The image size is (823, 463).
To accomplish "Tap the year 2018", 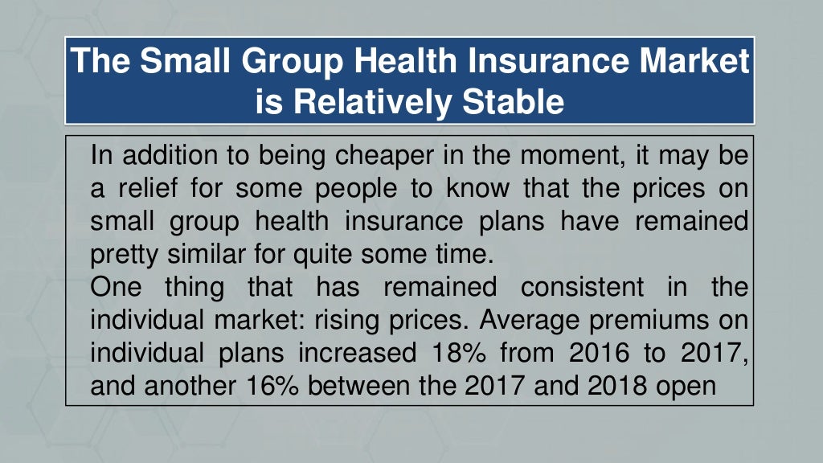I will [x=617, y=386].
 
